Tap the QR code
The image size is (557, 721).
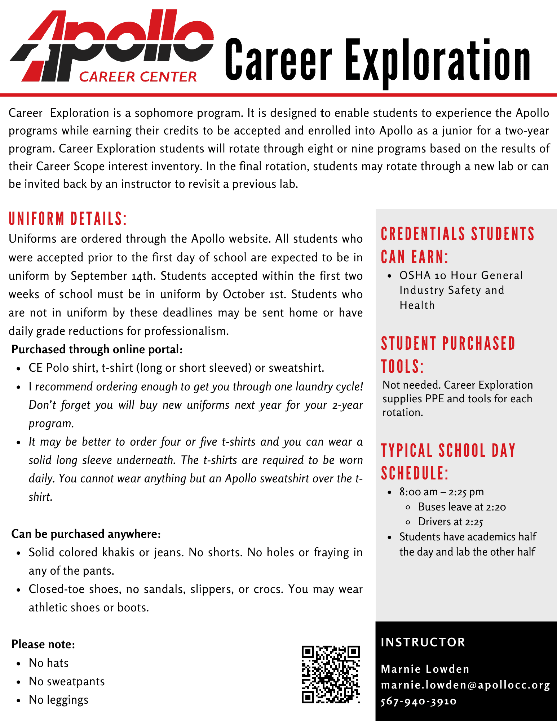[x=331, y=674]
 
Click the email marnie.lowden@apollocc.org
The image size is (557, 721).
[x=465, y=685]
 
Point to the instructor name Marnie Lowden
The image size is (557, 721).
[x=425, y=669]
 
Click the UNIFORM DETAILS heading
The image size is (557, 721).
[x=68, y=219]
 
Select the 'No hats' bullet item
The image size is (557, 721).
[x=49, y=663]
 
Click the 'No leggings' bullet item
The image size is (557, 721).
[x=58, y=700]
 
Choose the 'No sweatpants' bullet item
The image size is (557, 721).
[x=67, y=681]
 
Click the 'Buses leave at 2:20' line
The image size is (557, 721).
[x=462, y=507]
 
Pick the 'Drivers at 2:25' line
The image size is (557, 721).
[x=450, y=522]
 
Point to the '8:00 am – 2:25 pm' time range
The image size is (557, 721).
[x=441, y=492]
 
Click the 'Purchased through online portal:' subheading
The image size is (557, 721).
[x=97, y=349]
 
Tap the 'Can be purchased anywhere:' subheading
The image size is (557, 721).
[x=86, y=534]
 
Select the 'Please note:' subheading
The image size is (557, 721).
[x=43, y=644]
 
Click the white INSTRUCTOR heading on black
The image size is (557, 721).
[x=423, y=642]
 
